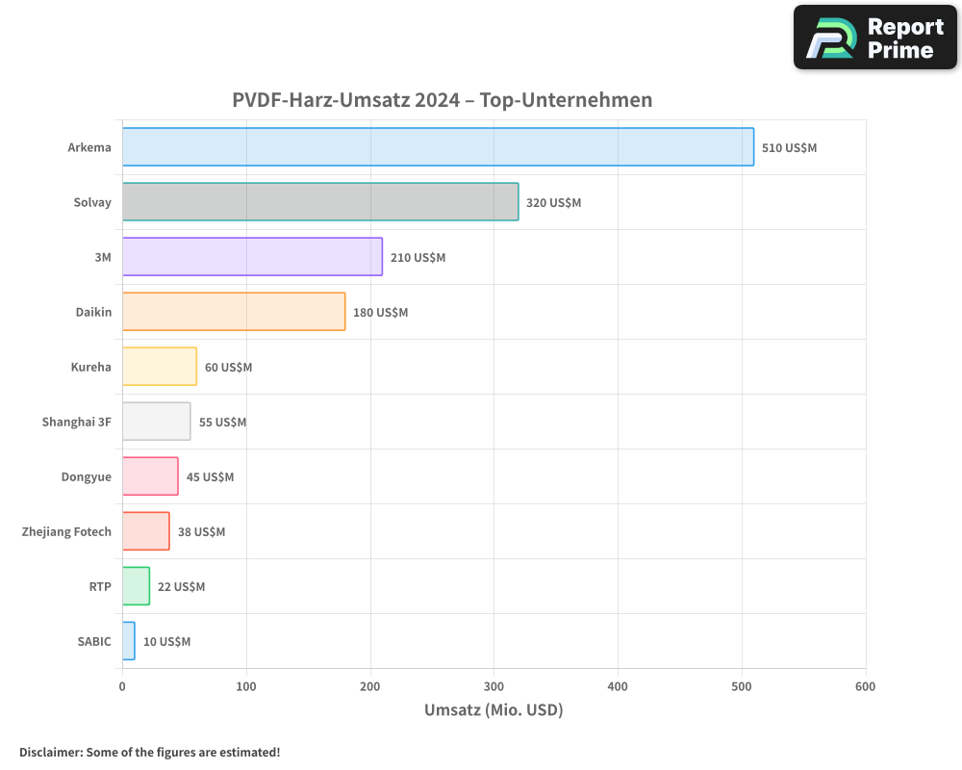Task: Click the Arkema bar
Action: point(438,147)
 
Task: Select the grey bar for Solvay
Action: point(320,202)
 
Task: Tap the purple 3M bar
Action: point(252,257)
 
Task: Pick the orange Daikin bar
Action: point(234,312)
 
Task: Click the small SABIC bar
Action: point(129,641)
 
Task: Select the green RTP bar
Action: point(136,586)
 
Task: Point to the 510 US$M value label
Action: point(789,148)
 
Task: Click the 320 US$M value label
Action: point(553,203)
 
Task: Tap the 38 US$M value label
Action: point(201,532)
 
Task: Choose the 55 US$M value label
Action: point(222,423)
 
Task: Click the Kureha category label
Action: point(91,367)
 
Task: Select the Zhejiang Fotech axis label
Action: point(66,531)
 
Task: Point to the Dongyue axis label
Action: point(87,476)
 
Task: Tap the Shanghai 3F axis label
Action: point(77,422)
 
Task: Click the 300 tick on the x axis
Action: point(494,686)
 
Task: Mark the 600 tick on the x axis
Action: point(865,686)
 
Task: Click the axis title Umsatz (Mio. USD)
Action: point(494,710)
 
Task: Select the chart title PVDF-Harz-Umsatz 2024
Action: point(442,100)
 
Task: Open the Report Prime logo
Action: point(874,38)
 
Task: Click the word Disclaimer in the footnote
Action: point(49,752)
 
